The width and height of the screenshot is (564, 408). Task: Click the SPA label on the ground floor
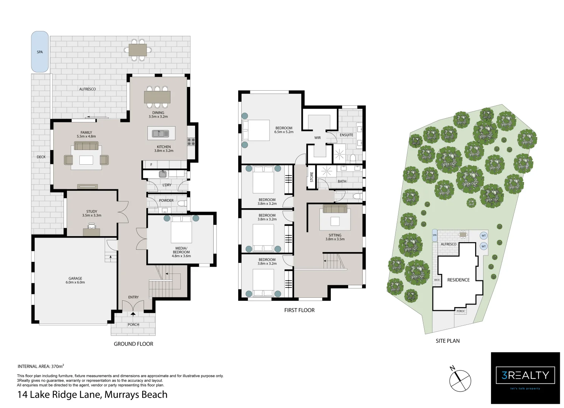click(x=40, y=52)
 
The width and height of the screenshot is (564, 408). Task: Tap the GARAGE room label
click(x=75, y=278)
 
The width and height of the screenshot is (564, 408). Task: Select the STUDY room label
click(x=91, y=212)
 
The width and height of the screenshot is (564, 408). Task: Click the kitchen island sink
click(x=161, y=133)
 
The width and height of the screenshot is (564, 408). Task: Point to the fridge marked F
click(x=151, y=165)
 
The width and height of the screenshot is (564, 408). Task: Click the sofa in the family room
click(x=86, y=146)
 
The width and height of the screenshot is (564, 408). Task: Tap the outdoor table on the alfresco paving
click(x=138, y=50)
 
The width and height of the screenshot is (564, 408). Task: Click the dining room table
click(x=157, y=97)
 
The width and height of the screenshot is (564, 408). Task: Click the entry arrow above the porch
click(x=133, y=314)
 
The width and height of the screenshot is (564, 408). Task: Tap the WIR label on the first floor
click(x=318, y=138)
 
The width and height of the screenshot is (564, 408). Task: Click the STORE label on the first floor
click(x=311, y=177)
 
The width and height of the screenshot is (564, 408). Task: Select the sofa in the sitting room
click(x=335, y=209)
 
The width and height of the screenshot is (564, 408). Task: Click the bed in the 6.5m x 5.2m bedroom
click(x=256, y=130)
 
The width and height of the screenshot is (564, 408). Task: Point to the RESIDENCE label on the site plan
click(x=458, y=280)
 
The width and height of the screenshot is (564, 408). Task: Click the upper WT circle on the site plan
click(x=483, y=236)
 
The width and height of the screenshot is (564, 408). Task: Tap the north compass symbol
click(x=460, y=380)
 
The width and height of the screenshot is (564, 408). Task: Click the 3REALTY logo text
click(x=525, y=375)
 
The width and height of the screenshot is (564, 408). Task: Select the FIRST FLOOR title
click(x=299, y=310)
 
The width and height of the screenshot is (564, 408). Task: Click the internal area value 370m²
click(x=57, y=366)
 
